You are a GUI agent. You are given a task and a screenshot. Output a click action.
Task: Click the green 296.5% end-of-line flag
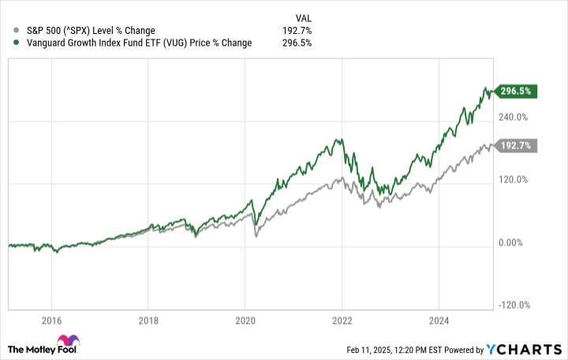click(517, 92)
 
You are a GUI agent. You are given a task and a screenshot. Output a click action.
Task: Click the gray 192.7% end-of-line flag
click(517, 146)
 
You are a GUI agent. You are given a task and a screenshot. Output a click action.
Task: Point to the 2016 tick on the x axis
click(51, 321)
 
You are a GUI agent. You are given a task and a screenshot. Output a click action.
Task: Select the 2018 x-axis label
click(148, 321)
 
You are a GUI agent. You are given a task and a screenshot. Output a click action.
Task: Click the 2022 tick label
click(342, 321)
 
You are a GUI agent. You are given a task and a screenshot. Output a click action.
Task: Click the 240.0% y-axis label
click(514, 117)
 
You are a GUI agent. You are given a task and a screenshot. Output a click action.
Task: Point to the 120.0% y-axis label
click(514, 179)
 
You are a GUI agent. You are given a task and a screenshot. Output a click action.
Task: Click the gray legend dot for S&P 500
click(8, 31)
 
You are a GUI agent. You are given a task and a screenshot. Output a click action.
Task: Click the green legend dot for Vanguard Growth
click(8, 43)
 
